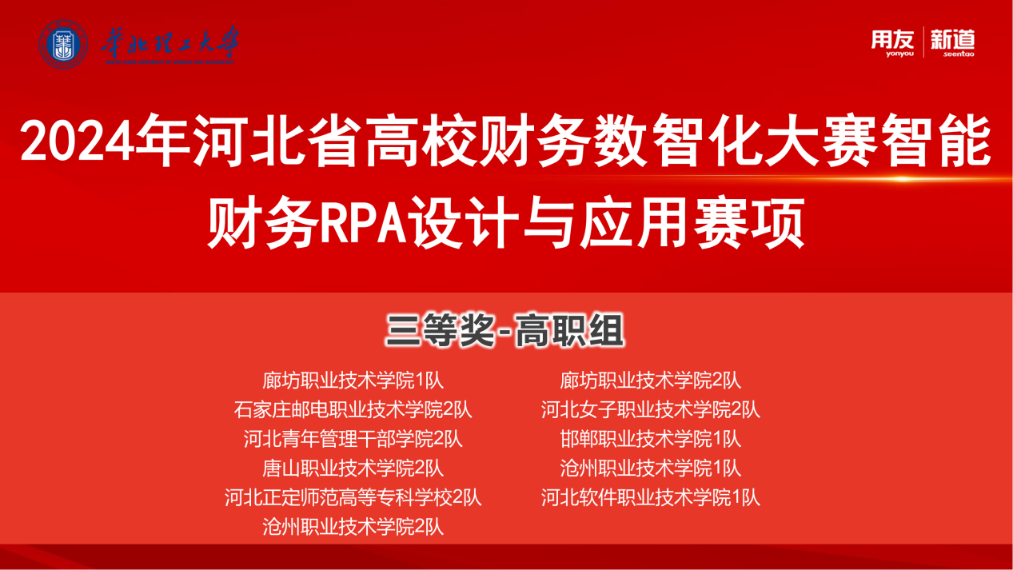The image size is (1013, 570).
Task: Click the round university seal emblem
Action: click(63, 44)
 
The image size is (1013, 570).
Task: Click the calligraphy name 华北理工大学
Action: click(170, 43)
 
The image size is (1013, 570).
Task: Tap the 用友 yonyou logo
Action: click(892, 43)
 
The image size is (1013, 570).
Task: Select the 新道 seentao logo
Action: click(952, 43)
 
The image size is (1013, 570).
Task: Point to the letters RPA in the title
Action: click(363, 222)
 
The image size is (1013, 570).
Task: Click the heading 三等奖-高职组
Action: click(505, 331)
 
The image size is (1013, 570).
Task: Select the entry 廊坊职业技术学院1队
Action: click(353, 381)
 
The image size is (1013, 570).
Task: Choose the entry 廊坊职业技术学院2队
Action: click(650, 381)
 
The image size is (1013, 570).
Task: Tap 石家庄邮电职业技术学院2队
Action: click(353, 410)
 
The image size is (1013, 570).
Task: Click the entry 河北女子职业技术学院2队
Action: click(650, 410)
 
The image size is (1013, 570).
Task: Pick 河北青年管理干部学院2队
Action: click(353, 439)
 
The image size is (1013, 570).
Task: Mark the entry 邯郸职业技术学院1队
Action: click(650, 439)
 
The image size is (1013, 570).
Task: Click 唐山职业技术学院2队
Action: click(353, 468)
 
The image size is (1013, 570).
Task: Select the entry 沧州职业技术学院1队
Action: click(650, 468)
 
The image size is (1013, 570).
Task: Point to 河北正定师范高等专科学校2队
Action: click(353, 498)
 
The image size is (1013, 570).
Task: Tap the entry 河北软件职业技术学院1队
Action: click(650, 498)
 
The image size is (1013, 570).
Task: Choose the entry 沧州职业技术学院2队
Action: click(353, 527)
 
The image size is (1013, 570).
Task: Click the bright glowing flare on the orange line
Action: click(903, 179)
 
